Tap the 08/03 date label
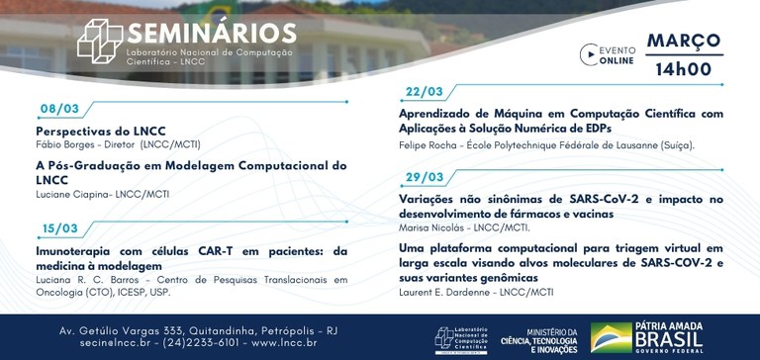click(59, 109)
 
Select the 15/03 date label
click(59, 228)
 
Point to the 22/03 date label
click(425, 91)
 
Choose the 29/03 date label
click(425, 177)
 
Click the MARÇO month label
click(684, 41)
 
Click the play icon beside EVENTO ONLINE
click(589, 54)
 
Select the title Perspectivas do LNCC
click(100, 131)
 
